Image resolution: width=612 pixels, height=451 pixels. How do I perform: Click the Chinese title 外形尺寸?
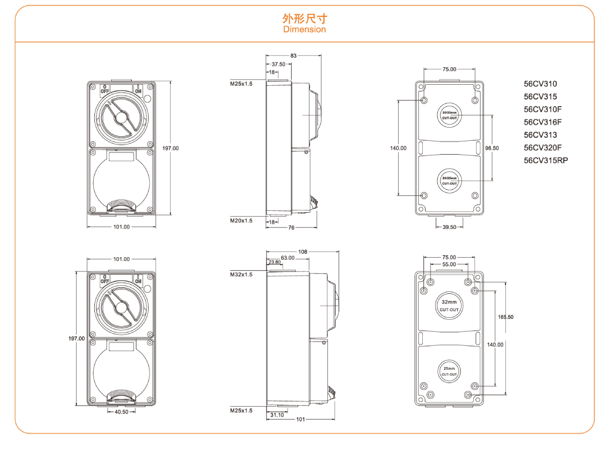point(304,19)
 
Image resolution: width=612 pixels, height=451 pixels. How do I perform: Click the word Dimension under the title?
point(304,30)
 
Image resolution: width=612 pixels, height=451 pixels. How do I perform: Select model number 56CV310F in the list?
point(543,109)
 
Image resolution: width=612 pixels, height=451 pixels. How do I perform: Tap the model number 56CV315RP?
point(546,160)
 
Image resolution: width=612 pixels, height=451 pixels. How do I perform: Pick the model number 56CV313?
point(540,135)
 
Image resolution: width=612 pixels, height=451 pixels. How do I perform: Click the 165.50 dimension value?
point(505,317)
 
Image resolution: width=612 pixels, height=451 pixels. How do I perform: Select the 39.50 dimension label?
point(449,227)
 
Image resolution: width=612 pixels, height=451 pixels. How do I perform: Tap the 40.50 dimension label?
point(121,412)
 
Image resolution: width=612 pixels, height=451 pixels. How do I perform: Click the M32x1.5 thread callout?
point(241,274)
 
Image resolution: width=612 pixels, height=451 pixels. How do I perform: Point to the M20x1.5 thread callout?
point(241,221)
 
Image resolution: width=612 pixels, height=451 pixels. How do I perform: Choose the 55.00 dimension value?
point(449,265)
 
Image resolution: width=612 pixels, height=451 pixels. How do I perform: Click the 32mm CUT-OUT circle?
point(449,306)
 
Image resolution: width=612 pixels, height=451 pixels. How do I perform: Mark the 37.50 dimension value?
point(278,64)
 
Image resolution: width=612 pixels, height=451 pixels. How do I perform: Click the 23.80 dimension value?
point(274,262)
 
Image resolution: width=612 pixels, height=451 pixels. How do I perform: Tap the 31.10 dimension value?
point(277,415)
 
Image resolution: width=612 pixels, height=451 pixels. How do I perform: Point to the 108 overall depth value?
point(302,252)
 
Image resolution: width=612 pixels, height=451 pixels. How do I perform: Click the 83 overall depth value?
point(293,55)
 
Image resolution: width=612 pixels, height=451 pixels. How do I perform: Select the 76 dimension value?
point(291,228)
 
